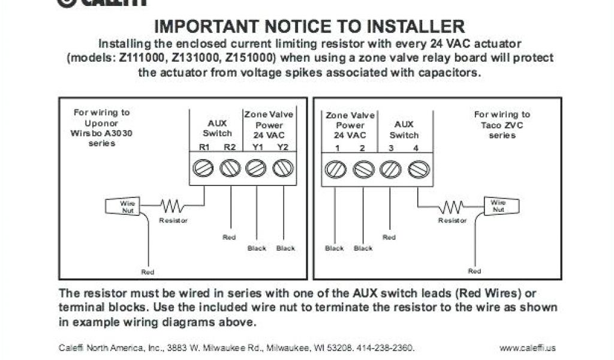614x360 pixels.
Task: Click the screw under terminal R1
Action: coord(203,169)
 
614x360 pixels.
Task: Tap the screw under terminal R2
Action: coord(230,169)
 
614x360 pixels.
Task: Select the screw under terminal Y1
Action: coord(256,169)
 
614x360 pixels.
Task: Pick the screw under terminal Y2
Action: coord(282,169)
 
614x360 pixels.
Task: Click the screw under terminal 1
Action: coord(336,169)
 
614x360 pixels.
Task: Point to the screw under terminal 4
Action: coord(418,169)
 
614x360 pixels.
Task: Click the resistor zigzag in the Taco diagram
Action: coord(452,207)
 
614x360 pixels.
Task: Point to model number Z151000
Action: coord(249,58)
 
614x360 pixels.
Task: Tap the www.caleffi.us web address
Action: coord(528,348)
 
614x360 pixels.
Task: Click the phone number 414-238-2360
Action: coord(385,348)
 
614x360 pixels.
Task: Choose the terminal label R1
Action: coord(204,148)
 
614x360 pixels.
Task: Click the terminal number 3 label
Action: coord(391,148)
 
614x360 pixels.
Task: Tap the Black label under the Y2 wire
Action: coord(285,248)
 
